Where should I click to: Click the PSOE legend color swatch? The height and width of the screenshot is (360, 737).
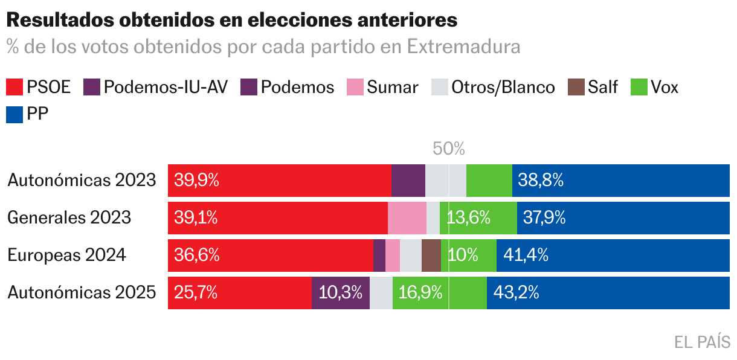pos(14,87)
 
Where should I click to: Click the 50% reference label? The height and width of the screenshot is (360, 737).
pos(449,149)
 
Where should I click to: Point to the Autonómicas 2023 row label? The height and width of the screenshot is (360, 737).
pos(82,180)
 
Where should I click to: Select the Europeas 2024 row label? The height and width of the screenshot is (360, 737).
pos(66,255)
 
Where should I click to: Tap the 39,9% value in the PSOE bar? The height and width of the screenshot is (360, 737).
pos(196,180)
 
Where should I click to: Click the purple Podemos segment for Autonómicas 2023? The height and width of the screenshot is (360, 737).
pos(408,180)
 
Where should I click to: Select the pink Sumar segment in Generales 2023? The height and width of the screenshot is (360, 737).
pos(407,217)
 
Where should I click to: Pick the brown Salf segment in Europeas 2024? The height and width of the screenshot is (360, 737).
pos(431,255)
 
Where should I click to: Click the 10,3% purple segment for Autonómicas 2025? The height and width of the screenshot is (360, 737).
pos(340,293)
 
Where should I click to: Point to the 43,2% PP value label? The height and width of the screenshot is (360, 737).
pos(516,293)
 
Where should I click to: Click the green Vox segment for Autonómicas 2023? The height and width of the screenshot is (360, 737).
pos(489,180)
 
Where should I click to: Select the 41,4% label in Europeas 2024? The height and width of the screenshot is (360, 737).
pos(526,255)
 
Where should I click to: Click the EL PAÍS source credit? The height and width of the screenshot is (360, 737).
pos(702,342)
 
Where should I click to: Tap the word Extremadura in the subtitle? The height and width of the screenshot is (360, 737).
pos(463,47)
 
